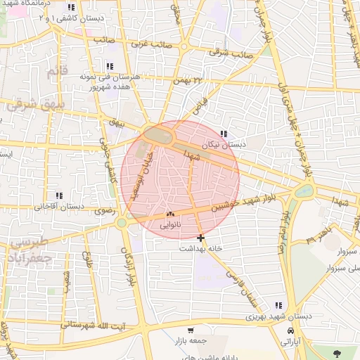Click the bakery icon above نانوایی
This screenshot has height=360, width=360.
click(x=170, y=214)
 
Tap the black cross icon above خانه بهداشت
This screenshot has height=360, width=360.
click(x=201, y=238)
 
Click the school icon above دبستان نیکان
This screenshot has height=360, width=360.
click(x=224, y=134)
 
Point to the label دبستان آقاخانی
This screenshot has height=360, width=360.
click(x=59, y=207)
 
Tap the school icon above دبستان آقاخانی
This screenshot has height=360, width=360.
click(x=59, y=195)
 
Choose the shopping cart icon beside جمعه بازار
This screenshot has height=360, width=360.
click(x=191, y=330)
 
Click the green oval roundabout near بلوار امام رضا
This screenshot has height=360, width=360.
click(x=304, y=191)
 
